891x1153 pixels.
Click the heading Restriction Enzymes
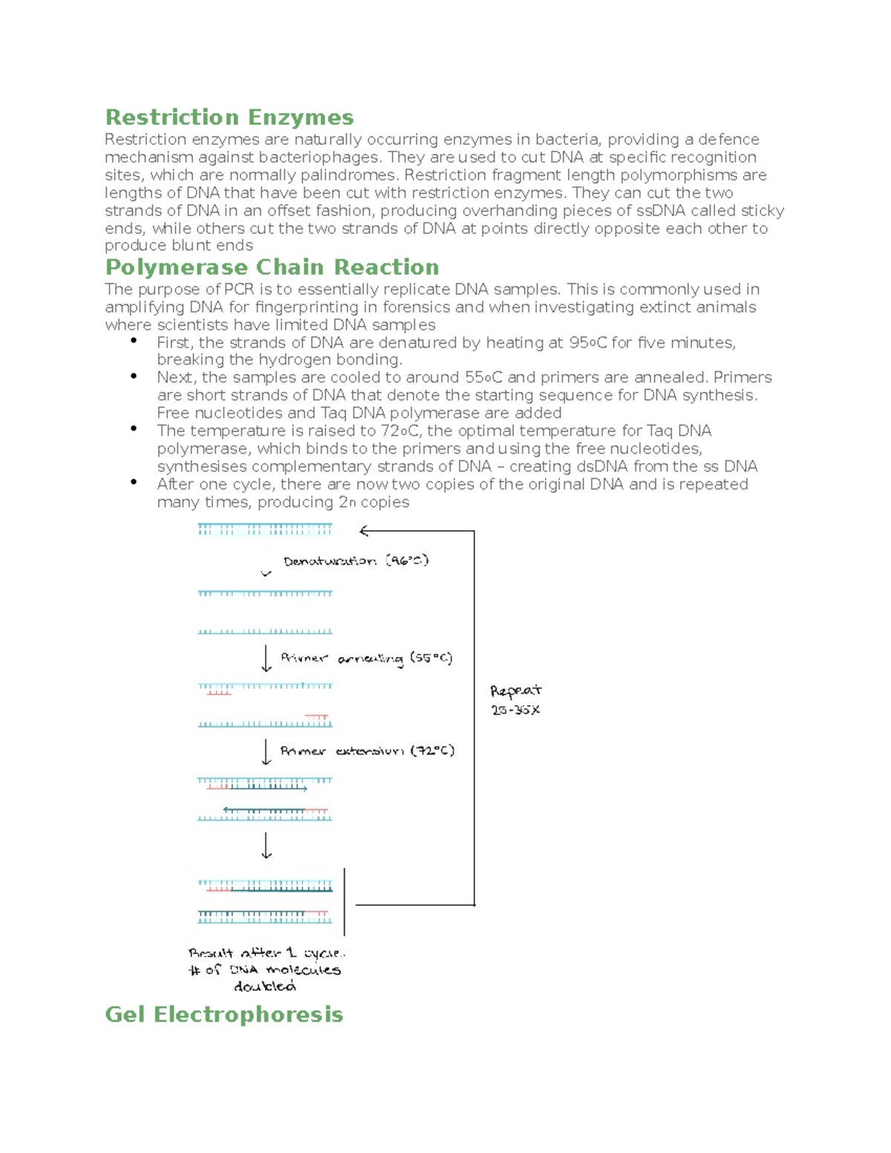click(229, 117)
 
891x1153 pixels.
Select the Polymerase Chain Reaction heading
click(272, 267)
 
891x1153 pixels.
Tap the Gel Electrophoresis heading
click(223, 1014)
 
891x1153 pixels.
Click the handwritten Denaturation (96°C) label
click(356, 561)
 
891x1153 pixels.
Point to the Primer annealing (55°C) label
click(366, 659)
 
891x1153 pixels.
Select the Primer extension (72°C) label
click(367, 751)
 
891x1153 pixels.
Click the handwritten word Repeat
click(515, 691)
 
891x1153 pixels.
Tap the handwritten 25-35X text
click(515, 711)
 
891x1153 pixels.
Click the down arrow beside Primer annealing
click(267, 659)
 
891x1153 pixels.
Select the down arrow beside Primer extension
click(267, 751)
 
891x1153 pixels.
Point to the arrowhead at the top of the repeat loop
click(364, 531)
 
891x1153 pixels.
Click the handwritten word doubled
click(264, 987)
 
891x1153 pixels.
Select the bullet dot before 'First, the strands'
click(134, 341)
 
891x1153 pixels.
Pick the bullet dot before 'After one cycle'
click(134, 482)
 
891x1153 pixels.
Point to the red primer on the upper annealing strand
click(219, 693)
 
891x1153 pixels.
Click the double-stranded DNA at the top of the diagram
click(264, 529)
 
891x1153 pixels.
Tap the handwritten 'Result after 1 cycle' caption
click(266, 953)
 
